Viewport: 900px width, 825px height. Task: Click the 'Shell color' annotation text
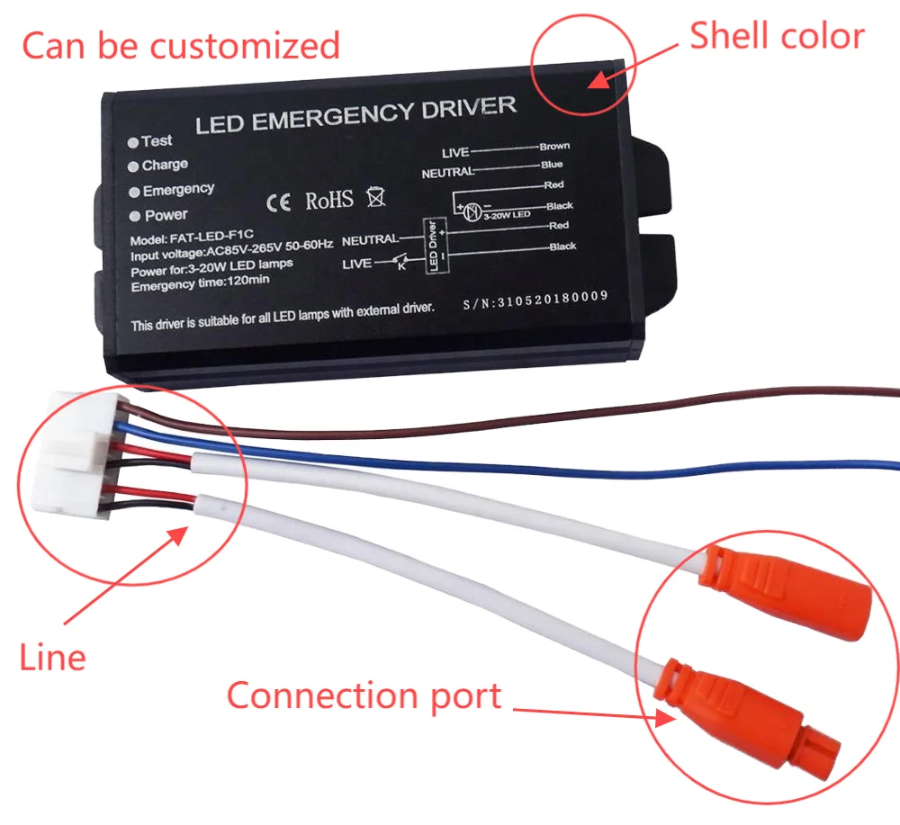point(776,36)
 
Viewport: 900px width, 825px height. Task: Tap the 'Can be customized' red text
point(180,45)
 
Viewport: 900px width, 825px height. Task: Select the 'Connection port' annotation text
point(364,695)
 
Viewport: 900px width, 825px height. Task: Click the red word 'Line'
point(52,657)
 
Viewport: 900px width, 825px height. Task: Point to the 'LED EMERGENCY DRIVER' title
point(355,114)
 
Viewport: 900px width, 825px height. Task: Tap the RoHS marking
point(329,200)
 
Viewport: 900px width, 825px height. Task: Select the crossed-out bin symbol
point(375,196)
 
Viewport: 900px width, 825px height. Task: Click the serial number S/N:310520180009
point(535,297)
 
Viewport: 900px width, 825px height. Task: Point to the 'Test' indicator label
point(156,141)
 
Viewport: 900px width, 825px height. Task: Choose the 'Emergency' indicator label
point(178,189)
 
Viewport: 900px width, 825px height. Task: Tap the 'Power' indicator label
point(166,215)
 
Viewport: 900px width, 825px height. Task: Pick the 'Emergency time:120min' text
point(200,286)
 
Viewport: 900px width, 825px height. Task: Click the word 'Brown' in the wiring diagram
point(553,146)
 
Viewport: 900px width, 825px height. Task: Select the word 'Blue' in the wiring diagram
point(552,165)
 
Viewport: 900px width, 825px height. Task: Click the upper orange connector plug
point(789,588)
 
